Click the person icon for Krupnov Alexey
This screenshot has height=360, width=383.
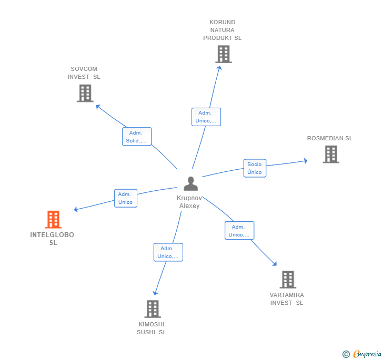tap(190, 183)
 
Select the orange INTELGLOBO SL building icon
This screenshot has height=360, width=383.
tap(53, 220)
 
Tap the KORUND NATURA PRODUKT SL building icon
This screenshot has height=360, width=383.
tap(223, 54)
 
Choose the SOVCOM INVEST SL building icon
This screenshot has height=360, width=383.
tap(85, 93)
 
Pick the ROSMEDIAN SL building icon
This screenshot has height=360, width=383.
tap(330, 155)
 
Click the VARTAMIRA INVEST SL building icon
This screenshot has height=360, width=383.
tap(287, 280)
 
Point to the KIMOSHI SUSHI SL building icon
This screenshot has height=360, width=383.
tap(152, 309)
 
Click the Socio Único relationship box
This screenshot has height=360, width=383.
tap(255, 168)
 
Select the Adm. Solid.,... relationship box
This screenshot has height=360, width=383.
tap(137, 137)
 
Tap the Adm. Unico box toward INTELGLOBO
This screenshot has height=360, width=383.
tap(126, 198)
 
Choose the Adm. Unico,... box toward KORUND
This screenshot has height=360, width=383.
tap(206, 117)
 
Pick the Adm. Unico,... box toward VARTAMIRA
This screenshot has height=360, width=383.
tap(239, 231)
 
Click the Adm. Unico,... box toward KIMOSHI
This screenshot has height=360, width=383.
tap(168, 252)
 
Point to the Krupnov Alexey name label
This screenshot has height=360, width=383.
tap(189, 202)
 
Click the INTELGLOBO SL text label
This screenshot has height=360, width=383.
tap(53, 239)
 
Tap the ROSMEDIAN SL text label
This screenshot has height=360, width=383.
tap(330, 139)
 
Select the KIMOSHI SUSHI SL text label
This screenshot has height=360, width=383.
tap(152, 328)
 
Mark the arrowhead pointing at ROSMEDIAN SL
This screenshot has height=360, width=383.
tap(305, 161)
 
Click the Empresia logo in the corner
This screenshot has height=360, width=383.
tap(367, 354)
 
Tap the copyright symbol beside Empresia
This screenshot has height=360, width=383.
tap(346, 354)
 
